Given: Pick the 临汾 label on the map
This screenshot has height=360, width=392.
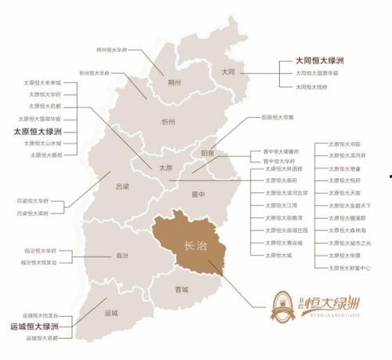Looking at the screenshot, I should pos(122,255).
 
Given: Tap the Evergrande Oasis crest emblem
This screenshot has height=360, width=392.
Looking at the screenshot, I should pos(283,302).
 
